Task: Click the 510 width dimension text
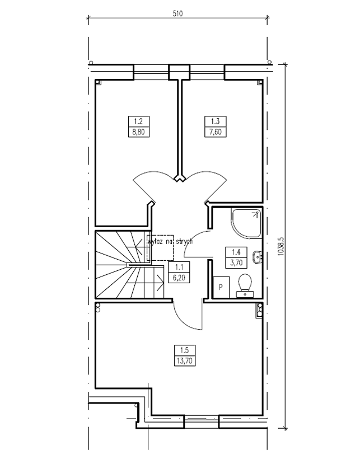(177, 13)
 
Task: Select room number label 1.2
(138, 121)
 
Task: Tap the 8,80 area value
(138, 132)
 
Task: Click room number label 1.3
(216, 121)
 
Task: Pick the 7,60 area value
(216, 132)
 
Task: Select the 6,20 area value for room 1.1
(179, 278)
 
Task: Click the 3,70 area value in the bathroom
(236, 262)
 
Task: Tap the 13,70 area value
(184, 361)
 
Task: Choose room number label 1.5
(185, 350)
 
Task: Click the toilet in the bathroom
(245, 286)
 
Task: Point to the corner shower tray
(246, 223)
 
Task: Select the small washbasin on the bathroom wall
(258, 257)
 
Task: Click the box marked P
(221, 288)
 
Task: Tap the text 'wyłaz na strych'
(170, 242)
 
